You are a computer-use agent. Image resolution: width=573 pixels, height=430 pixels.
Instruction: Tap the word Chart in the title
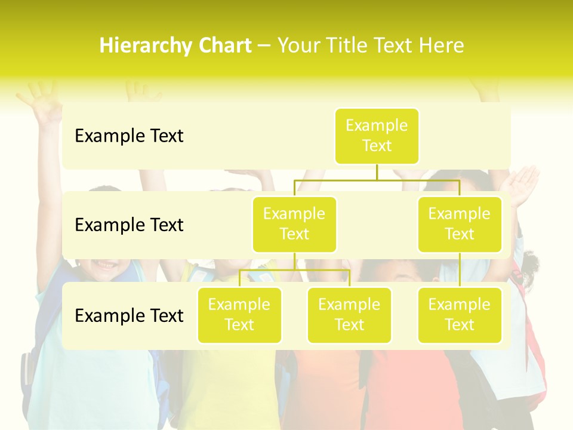point(224,46)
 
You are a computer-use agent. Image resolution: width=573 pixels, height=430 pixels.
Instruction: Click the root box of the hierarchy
point(377,136)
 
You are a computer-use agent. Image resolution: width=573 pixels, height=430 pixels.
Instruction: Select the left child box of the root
point(294,224)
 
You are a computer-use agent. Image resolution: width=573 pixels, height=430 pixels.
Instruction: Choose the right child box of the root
point(460,224)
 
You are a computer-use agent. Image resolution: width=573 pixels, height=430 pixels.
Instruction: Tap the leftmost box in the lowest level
point(239,315)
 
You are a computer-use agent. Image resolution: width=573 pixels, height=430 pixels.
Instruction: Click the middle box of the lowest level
point(349,315)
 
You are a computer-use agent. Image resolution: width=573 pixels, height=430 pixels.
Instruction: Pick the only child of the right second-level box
point(460,315)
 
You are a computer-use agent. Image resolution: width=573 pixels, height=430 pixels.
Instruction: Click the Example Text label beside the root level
point(129,136)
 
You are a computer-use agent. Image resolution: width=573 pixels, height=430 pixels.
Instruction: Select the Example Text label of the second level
point(129,225)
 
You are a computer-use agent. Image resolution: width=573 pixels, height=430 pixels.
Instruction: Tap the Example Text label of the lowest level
point(129,315)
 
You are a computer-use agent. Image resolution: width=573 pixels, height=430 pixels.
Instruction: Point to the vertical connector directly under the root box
point(377,172)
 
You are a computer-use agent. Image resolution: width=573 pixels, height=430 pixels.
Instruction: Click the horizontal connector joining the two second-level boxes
point(377,180)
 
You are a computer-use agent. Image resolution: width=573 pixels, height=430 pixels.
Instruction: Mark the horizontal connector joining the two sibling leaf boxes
point(294,270)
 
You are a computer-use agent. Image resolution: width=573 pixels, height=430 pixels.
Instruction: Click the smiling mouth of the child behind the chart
point(106,264)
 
